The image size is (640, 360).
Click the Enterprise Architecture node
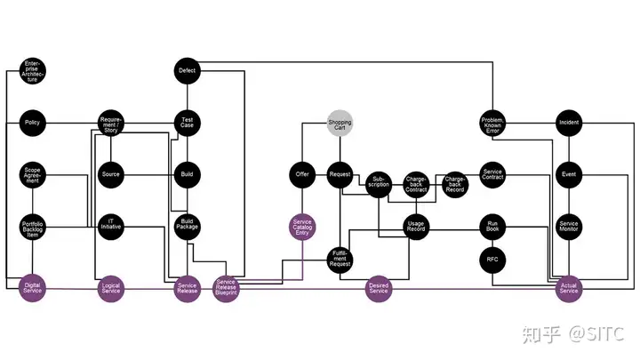tap(33, 70)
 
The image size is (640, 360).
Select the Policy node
tap(33, 122)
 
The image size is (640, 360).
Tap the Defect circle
tap(188, 70)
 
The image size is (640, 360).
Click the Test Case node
tap(188, 122)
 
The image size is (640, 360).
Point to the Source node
tap(110, 174)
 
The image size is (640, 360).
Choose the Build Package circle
tap(188, 225)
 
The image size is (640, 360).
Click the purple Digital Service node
tap(33, 288)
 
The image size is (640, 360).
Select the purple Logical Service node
tap(110, 288)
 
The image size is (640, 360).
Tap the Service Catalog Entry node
tap(302, 226)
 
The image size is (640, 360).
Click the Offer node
tap(302, 174)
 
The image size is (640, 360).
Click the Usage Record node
tap(416, 226)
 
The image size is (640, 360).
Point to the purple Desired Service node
tap(379, 288)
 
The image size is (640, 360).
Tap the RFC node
tap(492, 260)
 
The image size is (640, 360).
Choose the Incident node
tap(569, 122)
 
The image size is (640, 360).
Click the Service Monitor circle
tap(569, 226)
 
